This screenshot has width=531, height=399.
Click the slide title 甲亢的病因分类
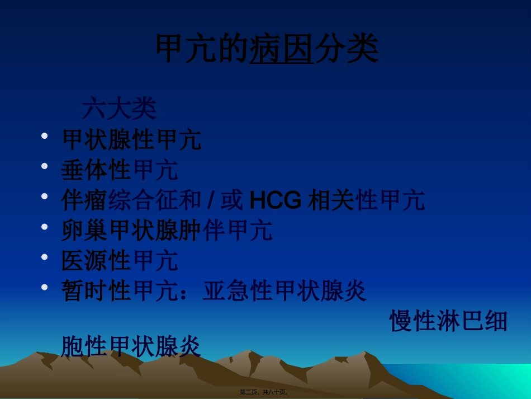tap(266, 50)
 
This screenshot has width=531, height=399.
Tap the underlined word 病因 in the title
tap(281, 50)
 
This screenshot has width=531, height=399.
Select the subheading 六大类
tap(119, 109)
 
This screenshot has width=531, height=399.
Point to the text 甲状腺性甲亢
tap(131, 140)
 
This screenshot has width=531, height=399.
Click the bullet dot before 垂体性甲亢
tap(45, 166)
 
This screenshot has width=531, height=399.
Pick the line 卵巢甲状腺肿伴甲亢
tap(167, 231)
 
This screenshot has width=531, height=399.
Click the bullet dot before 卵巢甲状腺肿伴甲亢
tap(45, 227)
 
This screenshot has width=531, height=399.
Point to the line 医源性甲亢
tap(120, 261)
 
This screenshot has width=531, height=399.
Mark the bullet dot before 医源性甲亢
tap(45, 257)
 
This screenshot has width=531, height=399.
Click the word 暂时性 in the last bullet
tap(96, 291)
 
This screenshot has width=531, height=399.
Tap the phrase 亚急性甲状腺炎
tap(285, 291)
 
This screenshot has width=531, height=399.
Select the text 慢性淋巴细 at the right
tap(448, 321)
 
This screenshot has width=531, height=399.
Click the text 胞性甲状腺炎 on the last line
tap(131, 347)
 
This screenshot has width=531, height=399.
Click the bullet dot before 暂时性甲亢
tap(45, 287)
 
